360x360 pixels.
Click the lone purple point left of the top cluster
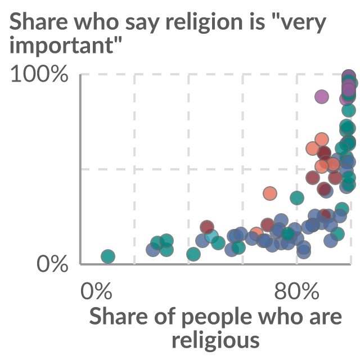pos(322,97)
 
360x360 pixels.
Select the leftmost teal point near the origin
pos(108,256)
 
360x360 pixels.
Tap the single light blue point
pos(211,236)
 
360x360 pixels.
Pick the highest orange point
pos(322,139)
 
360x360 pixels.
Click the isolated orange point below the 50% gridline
pos(270,193)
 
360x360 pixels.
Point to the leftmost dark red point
pos(207,227)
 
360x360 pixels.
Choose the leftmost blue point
pos(153,249)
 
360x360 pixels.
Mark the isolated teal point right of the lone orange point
pos(297,197)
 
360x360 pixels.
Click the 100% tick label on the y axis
pos(39,74)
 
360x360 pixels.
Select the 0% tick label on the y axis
pos(52,264)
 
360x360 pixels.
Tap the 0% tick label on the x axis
pos(96,291)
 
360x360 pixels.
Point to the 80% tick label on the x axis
pos(296,291)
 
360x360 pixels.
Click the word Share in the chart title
pos(39,21)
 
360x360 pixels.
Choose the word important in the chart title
pos(61,46)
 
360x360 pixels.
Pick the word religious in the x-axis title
pos(215,340)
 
